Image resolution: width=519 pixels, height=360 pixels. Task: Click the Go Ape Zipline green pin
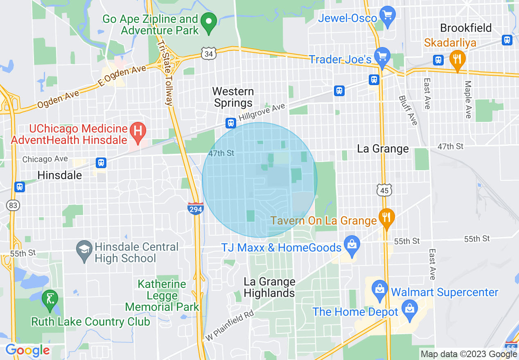pyautogui.click(x=210, y=21)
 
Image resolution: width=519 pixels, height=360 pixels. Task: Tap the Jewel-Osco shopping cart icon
pyautogui.click(x=387, y=15)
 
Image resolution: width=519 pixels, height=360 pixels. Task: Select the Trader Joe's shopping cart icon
pyautogui.click(x=383, y=56)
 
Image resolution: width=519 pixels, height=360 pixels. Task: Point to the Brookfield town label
pyautogui.click(x=466, y=28)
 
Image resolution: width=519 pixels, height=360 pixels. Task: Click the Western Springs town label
pyautogui.click(x=233, y=97)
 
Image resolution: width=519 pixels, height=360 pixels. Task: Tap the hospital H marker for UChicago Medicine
pyautogui.click(x=138, y=131)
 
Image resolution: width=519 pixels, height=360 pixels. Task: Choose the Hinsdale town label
pyautogui.click(x=60, y=175)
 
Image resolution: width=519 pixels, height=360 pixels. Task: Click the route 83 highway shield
pyautogui.click(x=13, y=205)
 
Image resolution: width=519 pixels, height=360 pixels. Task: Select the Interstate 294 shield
pyautogui.click(x=196, y=209)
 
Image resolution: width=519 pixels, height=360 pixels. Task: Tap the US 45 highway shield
pyautogui.click(x=385, y=189)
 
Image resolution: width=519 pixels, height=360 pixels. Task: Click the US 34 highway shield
pyautogui.click(x=208, y=53)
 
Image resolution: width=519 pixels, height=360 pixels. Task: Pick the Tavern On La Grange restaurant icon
pyautogui.click(x=386, y=217)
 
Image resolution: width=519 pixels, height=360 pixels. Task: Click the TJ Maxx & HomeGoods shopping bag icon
pyautogui.click(x=351, y=245)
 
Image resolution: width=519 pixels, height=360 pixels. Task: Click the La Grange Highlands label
pyautogui.click(x=269, y=287)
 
